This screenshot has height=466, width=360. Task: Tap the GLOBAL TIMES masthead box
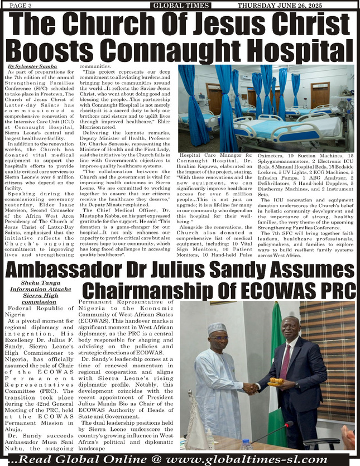tap(180, 6)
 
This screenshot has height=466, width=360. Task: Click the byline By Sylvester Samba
tap(27, 66)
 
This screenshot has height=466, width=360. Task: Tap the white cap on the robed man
tap(217, 328)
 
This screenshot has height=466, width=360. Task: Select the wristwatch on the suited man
tap(296, 385)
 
